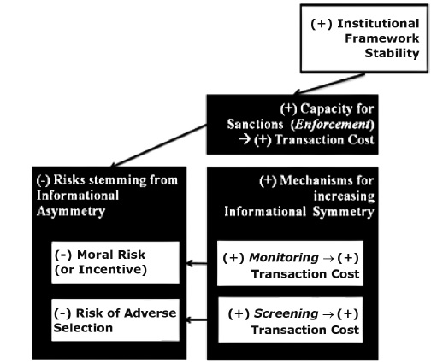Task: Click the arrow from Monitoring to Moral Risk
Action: click(199, 264)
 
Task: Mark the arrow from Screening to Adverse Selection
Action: click(199, 321)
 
